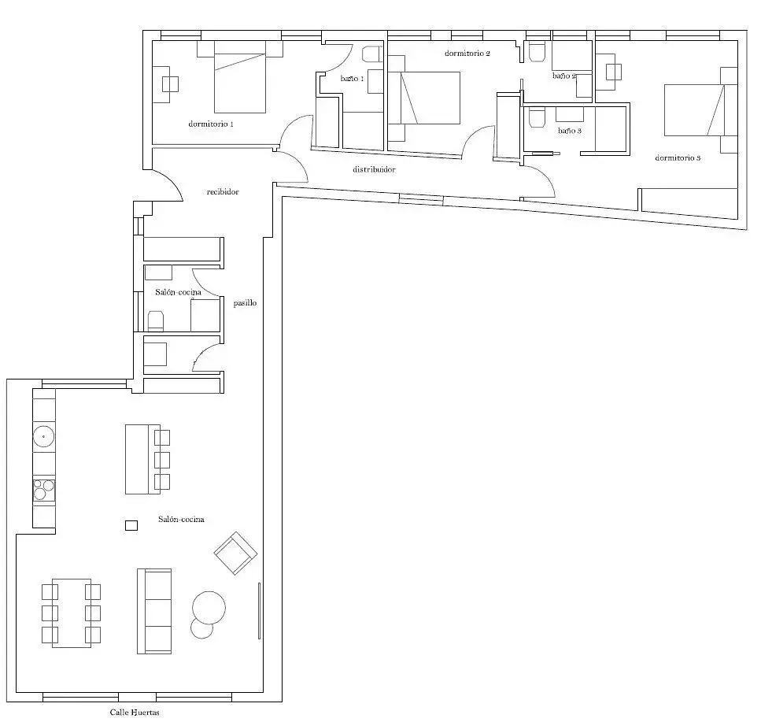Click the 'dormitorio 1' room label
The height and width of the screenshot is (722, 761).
coord(211,124)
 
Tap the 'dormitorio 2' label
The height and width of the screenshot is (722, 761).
coord(467,54)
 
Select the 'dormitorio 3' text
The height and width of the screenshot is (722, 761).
coord(678,157)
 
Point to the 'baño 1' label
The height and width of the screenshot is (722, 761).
coord(352,78)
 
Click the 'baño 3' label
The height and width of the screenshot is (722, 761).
coord(569,131)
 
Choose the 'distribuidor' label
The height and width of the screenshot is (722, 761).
coord(374,169)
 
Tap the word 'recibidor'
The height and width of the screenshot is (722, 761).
coord(223,192)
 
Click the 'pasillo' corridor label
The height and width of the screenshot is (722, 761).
coord(245,303)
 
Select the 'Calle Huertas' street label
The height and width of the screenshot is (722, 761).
coord(135,713)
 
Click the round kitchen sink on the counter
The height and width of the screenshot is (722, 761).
coord(44,436)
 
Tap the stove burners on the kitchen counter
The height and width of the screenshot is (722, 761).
coord(44,490)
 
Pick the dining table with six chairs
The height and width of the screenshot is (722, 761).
coord(72,613)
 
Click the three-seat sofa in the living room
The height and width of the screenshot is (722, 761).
coord(154,611)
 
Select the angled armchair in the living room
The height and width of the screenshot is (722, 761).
coord(235,553)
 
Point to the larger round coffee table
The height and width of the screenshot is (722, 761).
coord(209,607)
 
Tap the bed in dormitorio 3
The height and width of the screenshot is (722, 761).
coord(693,110)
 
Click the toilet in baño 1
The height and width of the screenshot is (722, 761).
coord(373,54)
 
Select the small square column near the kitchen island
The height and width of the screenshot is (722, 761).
coord(131,525)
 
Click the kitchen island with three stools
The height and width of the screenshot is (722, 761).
coord(147,459)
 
